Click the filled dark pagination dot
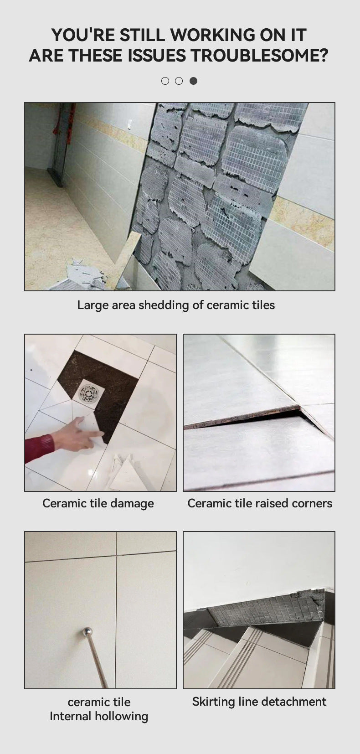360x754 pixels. pos(194,81)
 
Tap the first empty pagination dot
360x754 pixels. pos(165,81)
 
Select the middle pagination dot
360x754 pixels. pos(180,81)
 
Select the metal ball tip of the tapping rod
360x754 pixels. pos(87,631)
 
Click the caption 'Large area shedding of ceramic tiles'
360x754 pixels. pos(176,305)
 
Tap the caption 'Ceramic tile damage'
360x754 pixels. pos(98,503)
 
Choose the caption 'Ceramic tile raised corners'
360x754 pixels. pos(259,503)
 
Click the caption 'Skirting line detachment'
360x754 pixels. pos(259,702)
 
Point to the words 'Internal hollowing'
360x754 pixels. pos(99,716)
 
